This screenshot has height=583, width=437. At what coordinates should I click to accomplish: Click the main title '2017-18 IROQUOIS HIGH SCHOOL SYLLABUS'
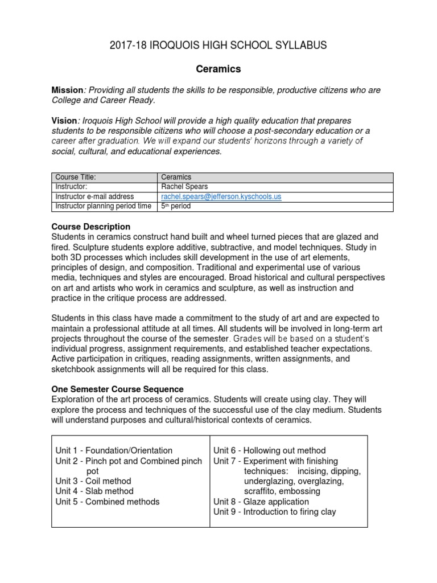218,46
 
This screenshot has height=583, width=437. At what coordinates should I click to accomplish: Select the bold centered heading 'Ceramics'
218,69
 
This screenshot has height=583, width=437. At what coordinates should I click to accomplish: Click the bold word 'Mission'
67,91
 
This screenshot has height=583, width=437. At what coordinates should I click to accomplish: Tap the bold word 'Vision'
64,121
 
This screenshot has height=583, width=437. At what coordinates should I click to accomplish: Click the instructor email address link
221,196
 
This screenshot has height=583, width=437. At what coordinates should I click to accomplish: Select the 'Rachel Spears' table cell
185,187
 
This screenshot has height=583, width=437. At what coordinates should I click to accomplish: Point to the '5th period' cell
176,206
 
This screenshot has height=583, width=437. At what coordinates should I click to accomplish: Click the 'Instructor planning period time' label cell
103,206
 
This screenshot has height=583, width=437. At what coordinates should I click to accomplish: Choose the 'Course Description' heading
91,227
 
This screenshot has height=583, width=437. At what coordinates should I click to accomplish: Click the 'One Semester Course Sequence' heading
118,389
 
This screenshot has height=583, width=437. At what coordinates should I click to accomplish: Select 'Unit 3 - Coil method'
93,481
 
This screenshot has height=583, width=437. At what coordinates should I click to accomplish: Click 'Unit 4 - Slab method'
94,491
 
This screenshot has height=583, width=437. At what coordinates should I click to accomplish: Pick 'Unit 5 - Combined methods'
108,502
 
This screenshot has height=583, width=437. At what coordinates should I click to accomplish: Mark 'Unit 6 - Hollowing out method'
270,450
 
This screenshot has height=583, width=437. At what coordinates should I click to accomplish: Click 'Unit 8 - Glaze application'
261,502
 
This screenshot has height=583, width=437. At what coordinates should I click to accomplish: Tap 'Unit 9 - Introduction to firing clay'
275,512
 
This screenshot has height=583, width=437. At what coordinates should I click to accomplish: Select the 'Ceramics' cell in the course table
176,177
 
